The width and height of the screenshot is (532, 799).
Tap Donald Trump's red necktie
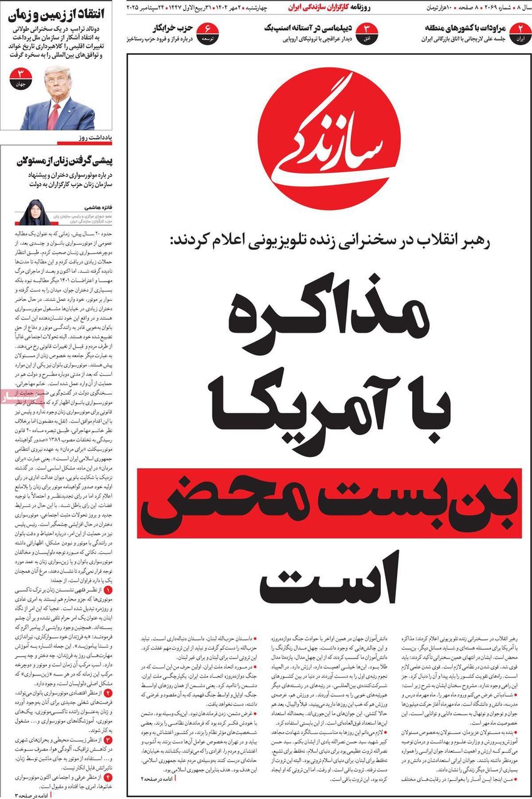tap(54, 115)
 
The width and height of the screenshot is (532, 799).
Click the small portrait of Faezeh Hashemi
tap(34, 212)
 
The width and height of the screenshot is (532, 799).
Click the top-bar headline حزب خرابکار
tap(169, 28)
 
